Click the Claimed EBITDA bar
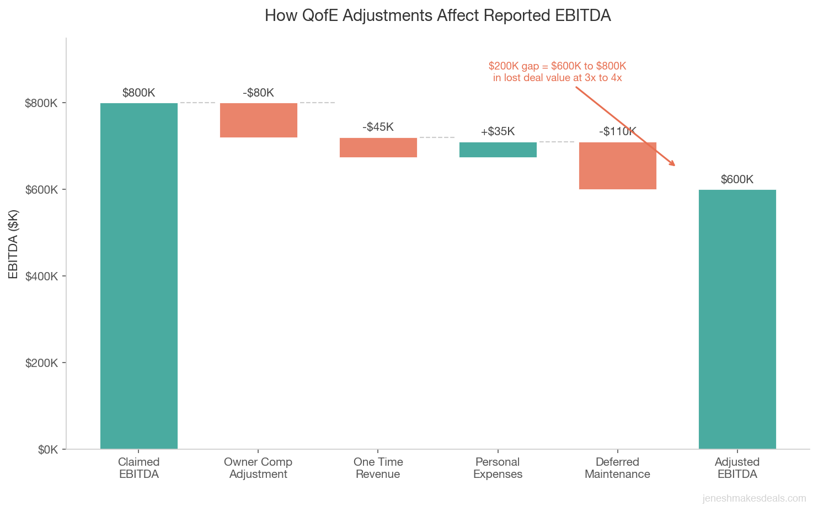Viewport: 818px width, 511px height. pos(138,276)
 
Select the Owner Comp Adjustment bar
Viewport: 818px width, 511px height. pos(258,120)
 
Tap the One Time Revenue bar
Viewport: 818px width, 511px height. pos(378,147)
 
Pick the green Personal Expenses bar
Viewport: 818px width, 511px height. pos(498,150)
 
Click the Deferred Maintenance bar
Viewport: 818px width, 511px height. pos(617,166)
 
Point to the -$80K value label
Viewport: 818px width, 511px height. pos(258,93)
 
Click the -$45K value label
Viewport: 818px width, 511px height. pos(378,127)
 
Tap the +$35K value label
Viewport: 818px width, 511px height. pos(498,131)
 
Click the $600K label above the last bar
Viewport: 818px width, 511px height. pos(737,179)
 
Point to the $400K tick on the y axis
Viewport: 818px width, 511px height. pos(42,276)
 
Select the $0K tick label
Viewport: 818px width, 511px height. pos(48,449)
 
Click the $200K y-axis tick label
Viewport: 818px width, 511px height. pos(42,363)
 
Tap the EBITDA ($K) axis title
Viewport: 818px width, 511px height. pos(14,244)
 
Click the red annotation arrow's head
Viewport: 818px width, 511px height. pos(673,164)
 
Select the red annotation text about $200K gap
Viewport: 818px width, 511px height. pos(557,72)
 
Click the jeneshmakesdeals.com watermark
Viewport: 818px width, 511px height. pos(754,498)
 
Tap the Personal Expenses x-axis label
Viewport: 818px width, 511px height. pos(498,468)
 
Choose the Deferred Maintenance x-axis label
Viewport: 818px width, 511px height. pos(617,468)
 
